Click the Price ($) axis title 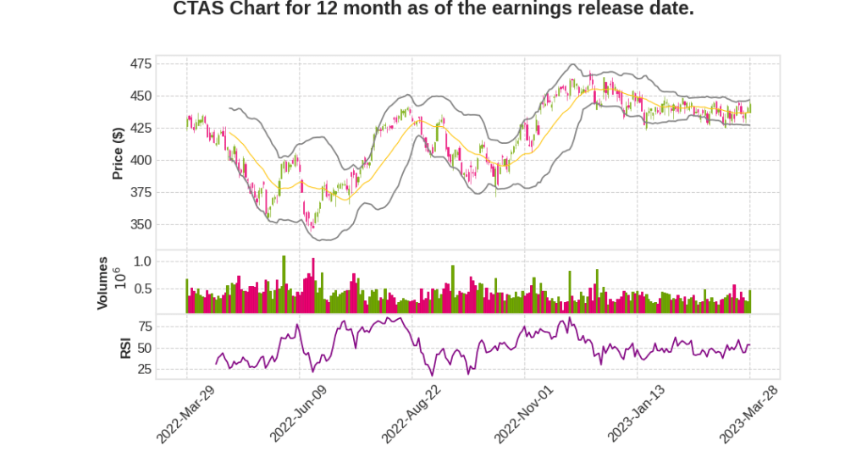[x=119, y=153]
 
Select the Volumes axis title [x=103, y=283]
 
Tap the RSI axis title [x=125, y=348]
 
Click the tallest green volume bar [x=284, y=284]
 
